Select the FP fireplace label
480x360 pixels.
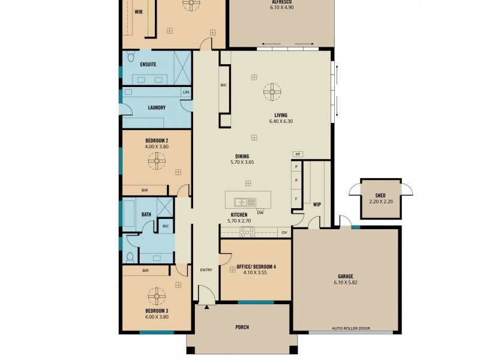(x=298, y=154)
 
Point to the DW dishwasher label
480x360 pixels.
(x=260, y=212)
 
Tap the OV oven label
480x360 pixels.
(x=284, y=232)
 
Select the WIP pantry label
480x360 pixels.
(x=317, y=205)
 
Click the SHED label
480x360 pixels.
(x=380, y=196)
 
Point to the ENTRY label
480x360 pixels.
(x=206, y=270)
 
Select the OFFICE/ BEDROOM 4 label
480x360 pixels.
(x=256, y=266)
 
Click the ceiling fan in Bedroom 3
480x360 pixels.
(x=157, y=294)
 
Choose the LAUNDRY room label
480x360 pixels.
(x=156, y=108)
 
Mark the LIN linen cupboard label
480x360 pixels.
(x=186, y=92)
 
